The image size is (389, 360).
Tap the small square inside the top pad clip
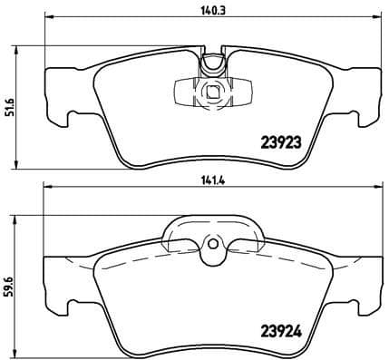(x=211, y=91)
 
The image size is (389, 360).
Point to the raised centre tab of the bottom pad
(x=211, y=232)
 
